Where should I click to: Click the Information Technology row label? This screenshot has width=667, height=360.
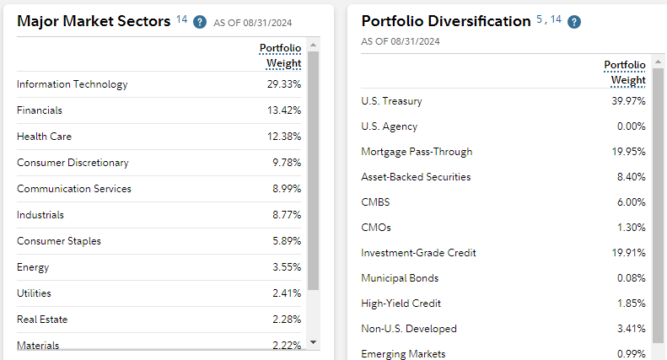72,84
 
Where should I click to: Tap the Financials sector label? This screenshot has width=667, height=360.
39,110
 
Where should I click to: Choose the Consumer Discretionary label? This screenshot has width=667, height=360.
73,163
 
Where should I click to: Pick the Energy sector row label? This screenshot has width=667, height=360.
33,267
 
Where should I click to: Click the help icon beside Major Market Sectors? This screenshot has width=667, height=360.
200,22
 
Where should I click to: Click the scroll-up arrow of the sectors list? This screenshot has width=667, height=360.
314,44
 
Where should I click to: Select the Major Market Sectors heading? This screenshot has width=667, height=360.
94,21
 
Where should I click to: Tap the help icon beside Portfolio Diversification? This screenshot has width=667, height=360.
574,22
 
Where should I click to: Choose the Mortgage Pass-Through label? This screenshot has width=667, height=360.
417,152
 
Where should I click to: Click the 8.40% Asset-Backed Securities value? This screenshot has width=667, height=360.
631,177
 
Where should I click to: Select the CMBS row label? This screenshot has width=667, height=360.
375,202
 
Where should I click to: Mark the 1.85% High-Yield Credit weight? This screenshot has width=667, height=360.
631,304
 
